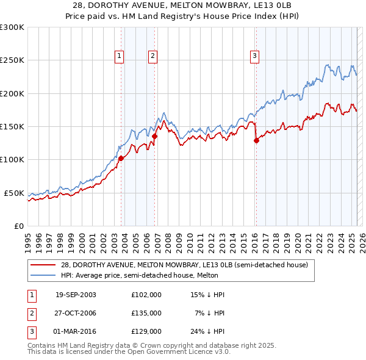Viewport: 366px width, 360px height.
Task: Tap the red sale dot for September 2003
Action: pyautogui.click(x=121, y=159)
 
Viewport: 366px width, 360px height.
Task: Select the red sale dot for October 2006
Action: pyautogui.click(x=155, y=137)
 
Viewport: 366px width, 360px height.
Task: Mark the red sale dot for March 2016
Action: pyautogui.click(x=256, y=140)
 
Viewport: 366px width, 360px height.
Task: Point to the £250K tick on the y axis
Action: pyautogui.click(x=12, y=60)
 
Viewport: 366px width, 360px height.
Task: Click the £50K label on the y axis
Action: pyautogui.click(x=14, y=193)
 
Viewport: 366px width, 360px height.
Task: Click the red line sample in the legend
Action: pyautogui.click(x=43, y=265)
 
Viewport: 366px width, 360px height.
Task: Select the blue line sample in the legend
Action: pyautogui.click(x=43, y=276)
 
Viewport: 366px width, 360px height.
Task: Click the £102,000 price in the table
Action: pyautogui.click(x=146, y=295)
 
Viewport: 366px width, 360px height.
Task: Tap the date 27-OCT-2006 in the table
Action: pyautogui.click(x=76, y=312)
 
